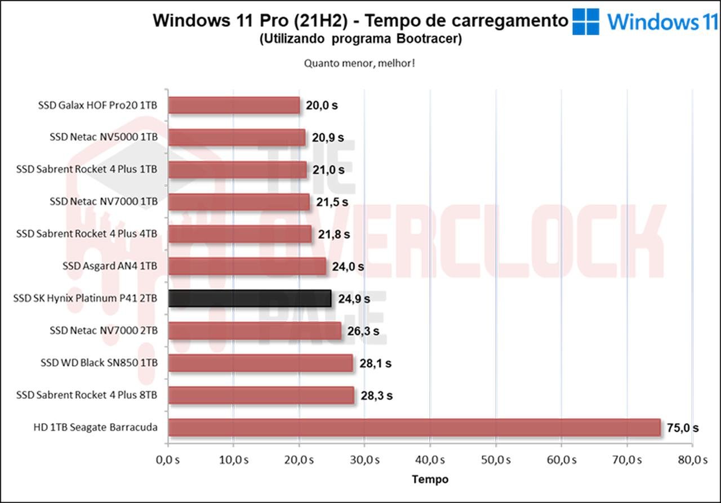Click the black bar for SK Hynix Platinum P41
(x=250, y=299)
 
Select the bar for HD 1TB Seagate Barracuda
(x=414, y=428)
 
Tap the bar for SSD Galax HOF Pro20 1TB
(x=234, y=105)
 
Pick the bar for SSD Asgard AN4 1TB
(x=247, y=266)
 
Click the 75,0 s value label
(x=683, y=428)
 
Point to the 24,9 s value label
(x=354, y=299)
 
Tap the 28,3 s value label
(x=377, y=396)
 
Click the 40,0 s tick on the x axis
(x=430, y=460)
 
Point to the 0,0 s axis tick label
(x=167, y=460)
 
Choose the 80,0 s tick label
(x=692, y=460)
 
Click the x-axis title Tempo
(x=430, y=479)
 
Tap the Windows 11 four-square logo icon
(x=586, y=22)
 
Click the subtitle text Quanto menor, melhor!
(x=360, y=63)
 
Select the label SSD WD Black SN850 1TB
(x=99, y=363)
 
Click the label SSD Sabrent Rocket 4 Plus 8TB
(x=87, y=395)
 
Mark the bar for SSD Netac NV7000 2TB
(x=255, y=331)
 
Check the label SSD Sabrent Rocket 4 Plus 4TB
(x=87, y=233)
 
